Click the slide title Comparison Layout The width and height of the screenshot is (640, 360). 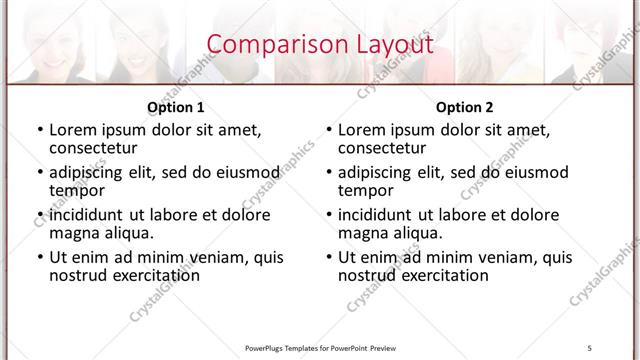[x=320, y=45]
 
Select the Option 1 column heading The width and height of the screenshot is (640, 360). [x=176, y=107]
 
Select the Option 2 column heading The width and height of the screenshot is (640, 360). [x=465, y=107]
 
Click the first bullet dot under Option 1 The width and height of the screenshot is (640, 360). [x=39, y=130]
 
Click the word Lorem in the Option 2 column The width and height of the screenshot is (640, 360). [x=361, y=129]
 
